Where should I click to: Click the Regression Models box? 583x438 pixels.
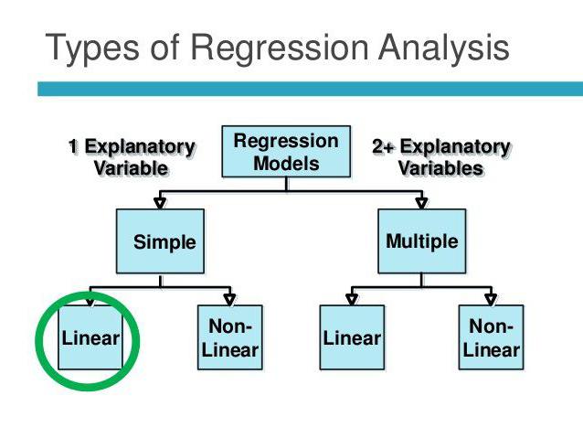coord(286,153)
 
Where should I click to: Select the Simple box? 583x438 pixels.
coord(164,242)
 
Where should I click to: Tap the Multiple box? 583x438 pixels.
coord(421,242)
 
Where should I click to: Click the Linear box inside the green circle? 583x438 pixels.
coord(90,337)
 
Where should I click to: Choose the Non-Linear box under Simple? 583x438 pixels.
coord(229,337)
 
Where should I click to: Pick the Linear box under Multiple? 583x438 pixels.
coord(352,337)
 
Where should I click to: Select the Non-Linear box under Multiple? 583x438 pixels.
coord(491,337)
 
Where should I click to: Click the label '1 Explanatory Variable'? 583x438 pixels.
coord(132,157)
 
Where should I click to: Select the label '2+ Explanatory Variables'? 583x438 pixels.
coord(440,157)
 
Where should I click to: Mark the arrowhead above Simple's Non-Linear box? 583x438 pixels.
coord(230,298)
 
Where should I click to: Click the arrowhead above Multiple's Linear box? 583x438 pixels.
coord(352,298)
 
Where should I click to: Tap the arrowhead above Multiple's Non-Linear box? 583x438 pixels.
coord(491,298)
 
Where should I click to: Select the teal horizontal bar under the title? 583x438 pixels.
coord(311,89)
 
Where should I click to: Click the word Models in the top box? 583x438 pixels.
coord(286,165)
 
